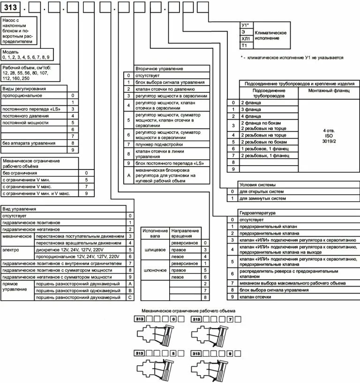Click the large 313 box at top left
(x=10, y=7)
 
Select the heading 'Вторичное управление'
(x=159, y=69)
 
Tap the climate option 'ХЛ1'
(x=246, y=38)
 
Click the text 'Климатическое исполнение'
(x=270, y=36)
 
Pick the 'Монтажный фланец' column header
(x=329, y=91)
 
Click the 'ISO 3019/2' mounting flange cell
(x=329, y=136)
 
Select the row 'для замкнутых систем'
(x=262, y=199)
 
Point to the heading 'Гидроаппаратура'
(x=257, y=213)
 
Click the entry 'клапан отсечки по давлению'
(x=165, y=89)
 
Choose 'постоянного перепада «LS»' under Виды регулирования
(x=31, y=109)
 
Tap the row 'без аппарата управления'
(x=29, y=143)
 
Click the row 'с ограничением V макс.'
(x=27, y=187)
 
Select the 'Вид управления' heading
(x=19, y=209)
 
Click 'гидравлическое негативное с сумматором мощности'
(x=57, y=277)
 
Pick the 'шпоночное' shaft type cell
(x=155, y=270)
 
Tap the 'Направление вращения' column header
(x=185, y=233)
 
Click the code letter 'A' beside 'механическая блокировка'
(x=129, y=176)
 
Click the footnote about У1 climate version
(x=292, y=58)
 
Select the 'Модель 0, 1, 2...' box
(x=27, y=54)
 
